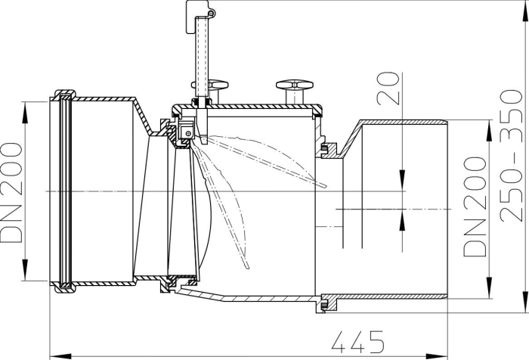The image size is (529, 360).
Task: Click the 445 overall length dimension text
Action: (356, 338)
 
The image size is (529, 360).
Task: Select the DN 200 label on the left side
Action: (13, 192)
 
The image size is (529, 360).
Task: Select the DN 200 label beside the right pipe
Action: (475, 206)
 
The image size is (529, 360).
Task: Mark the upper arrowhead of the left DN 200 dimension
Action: (26, 106)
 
